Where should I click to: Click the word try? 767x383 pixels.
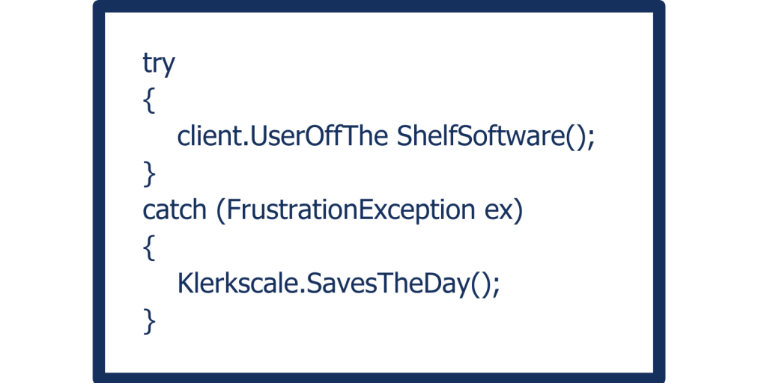pos(158,64)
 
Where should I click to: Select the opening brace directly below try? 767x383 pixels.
pos(148,101)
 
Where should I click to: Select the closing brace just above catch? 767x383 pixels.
pos(148,174)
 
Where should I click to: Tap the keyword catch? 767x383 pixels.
pos(174,211)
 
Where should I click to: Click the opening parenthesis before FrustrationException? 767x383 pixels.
pos(220,212)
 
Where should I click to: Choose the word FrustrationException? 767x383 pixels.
pos(347,211)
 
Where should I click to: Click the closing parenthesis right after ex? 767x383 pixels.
pos(517,212)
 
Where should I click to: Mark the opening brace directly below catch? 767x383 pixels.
pos(148,248)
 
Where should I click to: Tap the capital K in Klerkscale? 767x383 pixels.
pos(185,284)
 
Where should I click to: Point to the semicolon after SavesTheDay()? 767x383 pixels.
pos(494,286)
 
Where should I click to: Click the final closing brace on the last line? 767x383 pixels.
pos(148,321)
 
